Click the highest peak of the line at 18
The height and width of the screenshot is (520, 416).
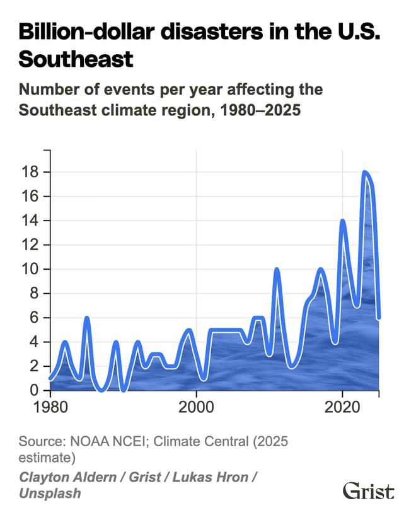364,172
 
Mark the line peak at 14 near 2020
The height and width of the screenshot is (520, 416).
342,221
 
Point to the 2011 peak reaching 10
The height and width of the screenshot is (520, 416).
277,270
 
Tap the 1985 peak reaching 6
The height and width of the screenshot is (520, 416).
87,318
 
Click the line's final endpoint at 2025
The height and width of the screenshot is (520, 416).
379,318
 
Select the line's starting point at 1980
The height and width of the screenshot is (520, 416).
50,378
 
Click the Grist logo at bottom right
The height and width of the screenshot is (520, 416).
368,491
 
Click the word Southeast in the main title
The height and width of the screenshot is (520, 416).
76,59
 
